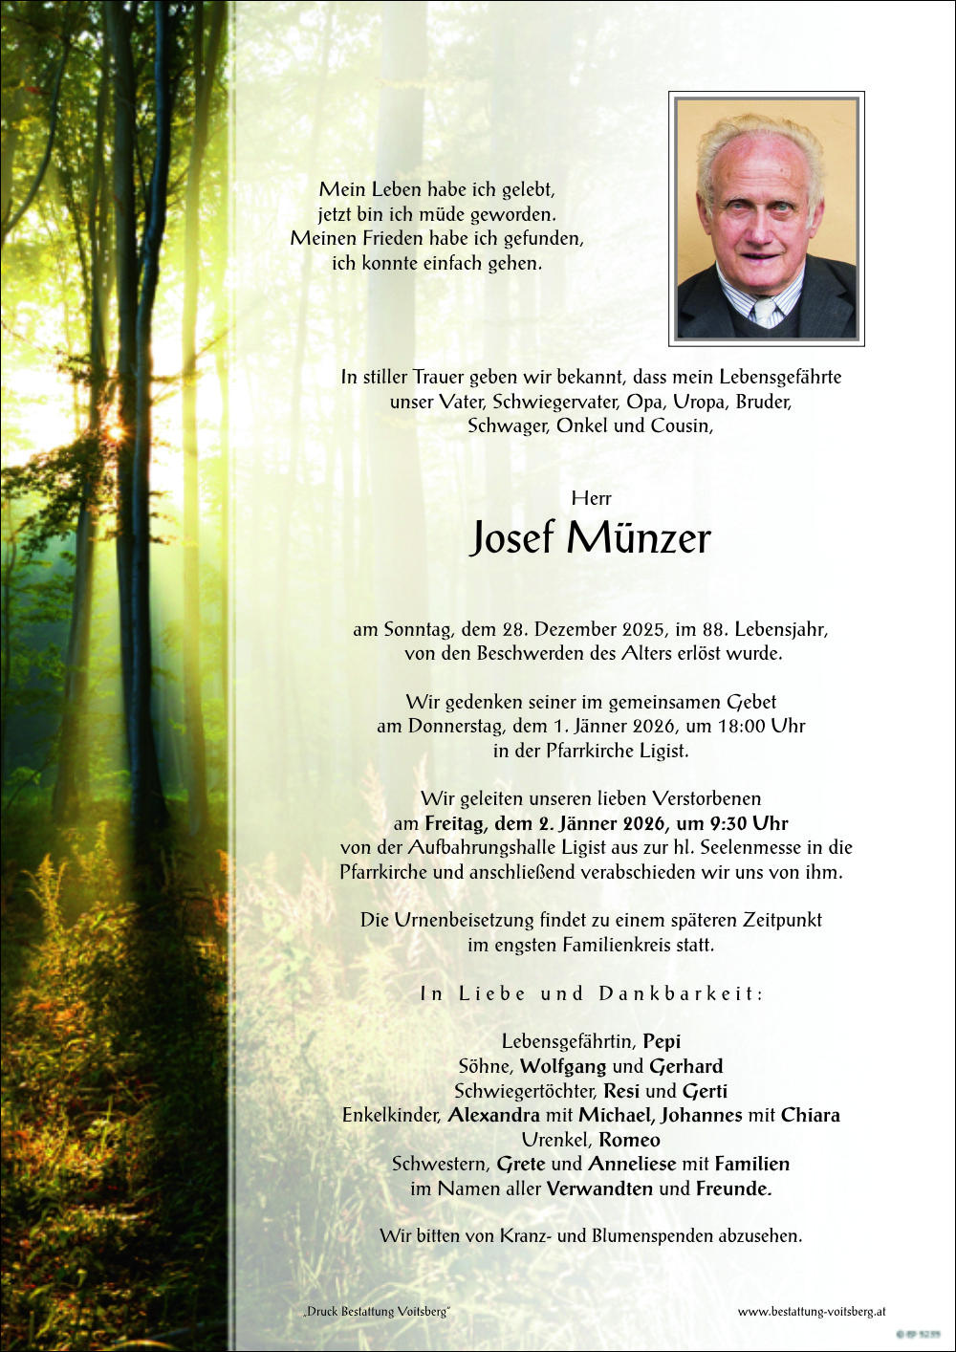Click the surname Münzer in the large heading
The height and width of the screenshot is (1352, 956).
[x=639, y=538]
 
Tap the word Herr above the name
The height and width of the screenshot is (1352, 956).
[x=591, y=498]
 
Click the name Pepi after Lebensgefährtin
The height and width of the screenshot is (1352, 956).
[x=662, y=1041]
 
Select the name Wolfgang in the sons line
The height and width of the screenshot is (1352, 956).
[x=563, y=1066]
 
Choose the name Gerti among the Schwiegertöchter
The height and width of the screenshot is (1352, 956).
[x=705, y=1091]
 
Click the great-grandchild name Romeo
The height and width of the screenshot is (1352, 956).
[x=629, y=1140]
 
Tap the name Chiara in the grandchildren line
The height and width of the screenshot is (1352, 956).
[x=810, y=1115]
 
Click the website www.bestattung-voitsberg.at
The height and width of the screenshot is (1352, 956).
[x=812, y=1312]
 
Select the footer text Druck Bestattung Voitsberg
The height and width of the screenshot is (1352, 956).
[x=377, y=1312]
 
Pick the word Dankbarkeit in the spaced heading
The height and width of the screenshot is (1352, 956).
[x=681, y=993]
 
